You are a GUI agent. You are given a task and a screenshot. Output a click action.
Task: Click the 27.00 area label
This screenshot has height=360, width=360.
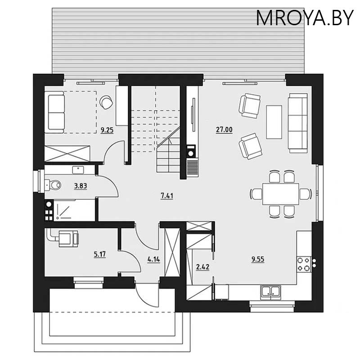click(224, 130)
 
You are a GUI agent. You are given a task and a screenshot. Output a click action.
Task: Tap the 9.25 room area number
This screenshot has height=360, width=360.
click(107, 130)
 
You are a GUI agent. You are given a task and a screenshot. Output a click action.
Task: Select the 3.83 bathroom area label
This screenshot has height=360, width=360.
click(81, 186)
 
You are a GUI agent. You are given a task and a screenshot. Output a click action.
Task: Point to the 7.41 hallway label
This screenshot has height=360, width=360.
click(167, 196)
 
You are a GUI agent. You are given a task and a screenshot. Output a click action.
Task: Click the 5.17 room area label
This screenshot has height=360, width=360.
click(99, 254)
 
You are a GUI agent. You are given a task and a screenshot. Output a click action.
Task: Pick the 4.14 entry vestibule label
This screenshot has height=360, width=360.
click(153, 260)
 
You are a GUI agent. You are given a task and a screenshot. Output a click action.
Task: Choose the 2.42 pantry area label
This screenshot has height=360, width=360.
click(202, 267)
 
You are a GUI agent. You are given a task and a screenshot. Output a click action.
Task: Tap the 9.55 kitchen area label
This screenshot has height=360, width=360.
click(258, 259)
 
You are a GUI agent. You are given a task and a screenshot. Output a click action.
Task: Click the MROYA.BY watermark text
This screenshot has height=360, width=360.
click(305, 18)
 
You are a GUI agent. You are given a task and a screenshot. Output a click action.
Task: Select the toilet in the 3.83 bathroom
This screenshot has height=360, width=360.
click(53, 185)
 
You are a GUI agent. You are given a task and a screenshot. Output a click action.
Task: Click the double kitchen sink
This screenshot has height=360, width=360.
click(271, 292)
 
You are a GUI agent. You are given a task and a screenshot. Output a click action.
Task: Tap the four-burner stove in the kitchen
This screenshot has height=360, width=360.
click(303, 264)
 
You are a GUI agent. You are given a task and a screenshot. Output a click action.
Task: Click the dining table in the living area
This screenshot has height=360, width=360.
click(280, 194)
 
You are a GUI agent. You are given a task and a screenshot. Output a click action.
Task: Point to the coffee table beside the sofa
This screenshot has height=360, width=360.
click(274, 122)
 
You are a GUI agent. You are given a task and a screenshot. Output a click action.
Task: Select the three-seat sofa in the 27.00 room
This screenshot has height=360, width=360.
click(298, 123)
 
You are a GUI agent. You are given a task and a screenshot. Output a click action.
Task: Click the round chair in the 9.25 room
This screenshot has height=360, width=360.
click(106, 102)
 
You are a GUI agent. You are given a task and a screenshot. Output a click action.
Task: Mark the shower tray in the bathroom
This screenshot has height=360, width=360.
click(74, 210)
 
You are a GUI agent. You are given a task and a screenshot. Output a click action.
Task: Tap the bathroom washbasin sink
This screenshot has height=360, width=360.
click(78, 170)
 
